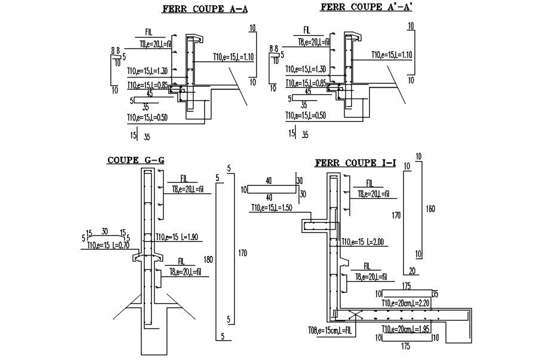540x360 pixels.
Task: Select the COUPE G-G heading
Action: [136, 160]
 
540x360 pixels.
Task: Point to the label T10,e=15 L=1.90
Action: [179, 238]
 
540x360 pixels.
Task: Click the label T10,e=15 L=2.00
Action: [363, 242]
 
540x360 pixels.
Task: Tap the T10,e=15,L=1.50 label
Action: [271, 208]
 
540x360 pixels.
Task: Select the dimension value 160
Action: [431, 209]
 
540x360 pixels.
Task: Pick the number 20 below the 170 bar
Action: [412, 270]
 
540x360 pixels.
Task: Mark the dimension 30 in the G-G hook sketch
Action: [105, 233]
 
